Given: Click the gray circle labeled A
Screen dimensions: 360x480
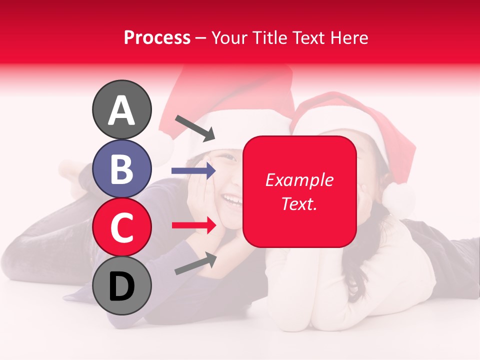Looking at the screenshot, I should (x=121, y=109).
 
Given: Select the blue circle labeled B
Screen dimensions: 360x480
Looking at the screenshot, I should (x=121, y=168).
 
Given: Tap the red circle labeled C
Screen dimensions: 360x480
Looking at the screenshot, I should (x=121, y=227).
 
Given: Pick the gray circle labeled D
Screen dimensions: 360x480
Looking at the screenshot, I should (x=121, y=285).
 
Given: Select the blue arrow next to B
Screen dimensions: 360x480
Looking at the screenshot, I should (x=193, y=171).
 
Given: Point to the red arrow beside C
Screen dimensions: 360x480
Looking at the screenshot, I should (x=193, y=225).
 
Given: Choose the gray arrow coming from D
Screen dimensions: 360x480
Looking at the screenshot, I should (x=195, y=264).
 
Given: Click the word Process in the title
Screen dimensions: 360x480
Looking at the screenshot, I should (x=157, y=37).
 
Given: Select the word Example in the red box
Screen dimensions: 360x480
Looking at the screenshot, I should (x=299, y=180).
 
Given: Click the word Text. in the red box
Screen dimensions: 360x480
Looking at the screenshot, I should (x=299, y=203).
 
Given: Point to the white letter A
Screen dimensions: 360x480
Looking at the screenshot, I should (x=121, y=110).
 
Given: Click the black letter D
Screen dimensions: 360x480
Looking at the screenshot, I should (x=121, y=286).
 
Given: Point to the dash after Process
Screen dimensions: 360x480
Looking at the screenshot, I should (x=200, y=38).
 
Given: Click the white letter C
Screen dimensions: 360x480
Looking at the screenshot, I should (x=121, y=227).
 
